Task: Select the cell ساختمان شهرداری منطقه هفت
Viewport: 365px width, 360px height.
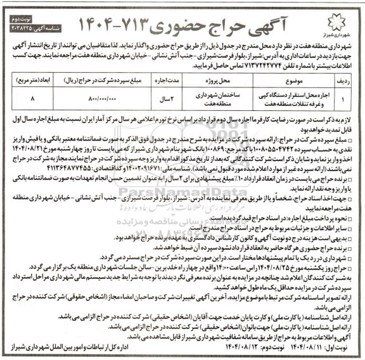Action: tap(202, 100)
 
